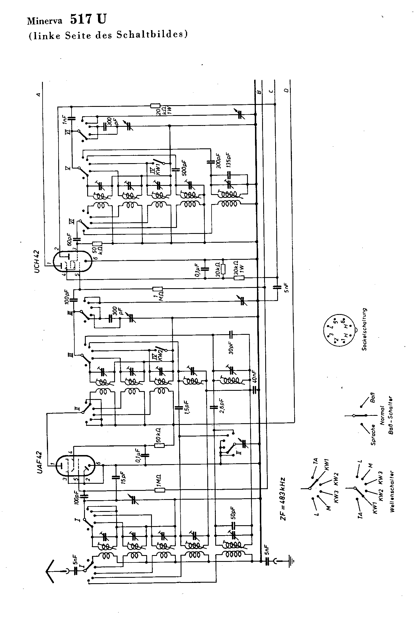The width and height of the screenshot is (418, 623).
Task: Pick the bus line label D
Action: tap(287, 91)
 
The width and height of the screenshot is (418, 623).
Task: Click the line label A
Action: tap(39, 95)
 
